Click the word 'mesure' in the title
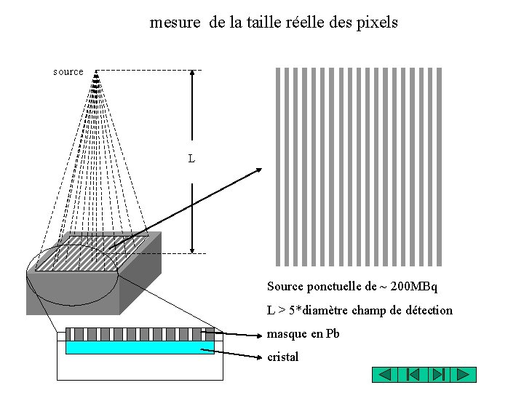tap(175, 23)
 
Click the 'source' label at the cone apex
tap(68, 72)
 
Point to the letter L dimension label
tap(191, 158)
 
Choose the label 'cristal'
tap(283, 357)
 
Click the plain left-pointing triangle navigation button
tap(386, 375)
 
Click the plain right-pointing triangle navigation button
tap(463, 375)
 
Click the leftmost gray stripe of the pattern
tap(277, 167)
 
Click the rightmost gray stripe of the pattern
tap(440, 167)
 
